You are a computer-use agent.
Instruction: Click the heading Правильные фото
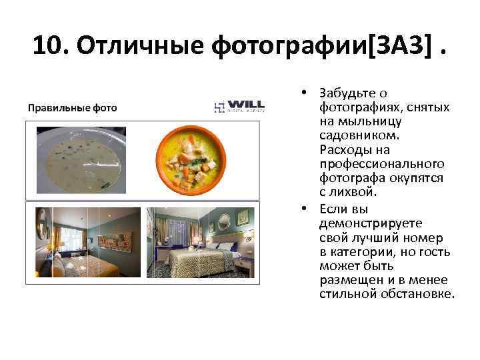click(71, 107)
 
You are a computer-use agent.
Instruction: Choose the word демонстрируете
click(361, 222)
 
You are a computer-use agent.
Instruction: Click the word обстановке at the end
click(418, 294)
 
